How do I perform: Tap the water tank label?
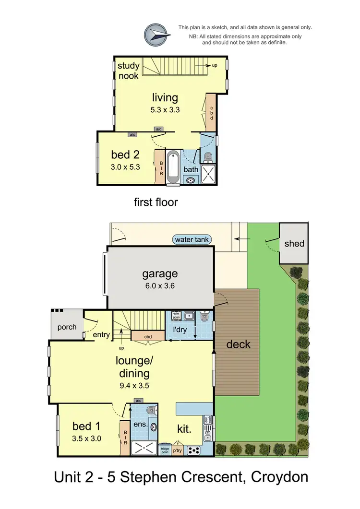(192, 239)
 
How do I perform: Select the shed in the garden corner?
(294, 243)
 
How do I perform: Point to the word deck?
(238, 344)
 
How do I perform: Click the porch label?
(67, 327)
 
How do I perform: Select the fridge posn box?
(165, 450)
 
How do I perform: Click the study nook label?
(128, 71)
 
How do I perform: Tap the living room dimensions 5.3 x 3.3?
(165, 109)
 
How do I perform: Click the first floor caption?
(156, 202)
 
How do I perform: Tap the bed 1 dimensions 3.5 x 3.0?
(86, 438)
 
